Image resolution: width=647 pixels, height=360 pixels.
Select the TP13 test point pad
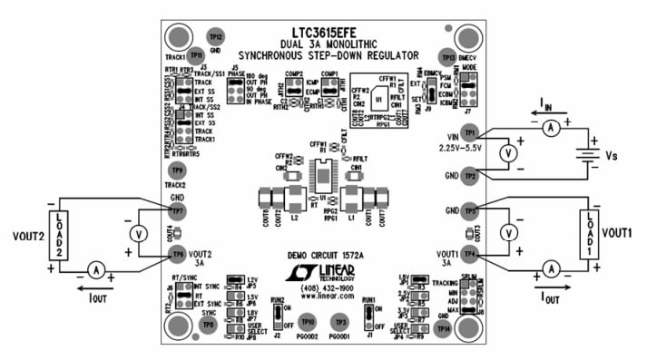click(446, 56)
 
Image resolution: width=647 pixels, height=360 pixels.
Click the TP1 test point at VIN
click(468, 133)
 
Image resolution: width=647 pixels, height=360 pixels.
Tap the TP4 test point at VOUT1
click(468, 254)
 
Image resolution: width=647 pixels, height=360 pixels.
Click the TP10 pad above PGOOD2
click(308, 322)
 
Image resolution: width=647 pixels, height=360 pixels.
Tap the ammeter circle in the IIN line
click(549, 129)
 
